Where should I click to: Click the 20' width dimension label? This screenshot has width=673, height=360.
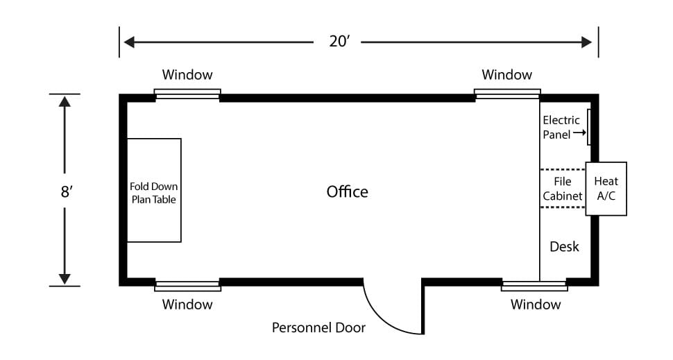[339, 41]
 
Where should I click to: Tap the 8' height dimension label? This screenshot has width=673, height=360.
[67, 191]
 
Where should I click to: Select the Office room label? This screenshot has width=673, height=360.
[347, 191]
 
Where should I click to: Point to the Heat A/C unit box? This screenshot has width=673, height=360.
[606, 189]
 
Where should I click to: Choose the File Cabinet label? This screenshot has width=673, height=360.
[562, 189]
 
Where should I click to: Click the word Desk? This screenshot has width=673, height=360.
[564, 246]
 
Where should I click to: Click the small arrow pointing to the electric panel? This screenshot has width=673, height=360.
[579, 132]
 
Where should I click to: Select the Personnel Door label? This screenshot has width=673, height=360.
[318, 327]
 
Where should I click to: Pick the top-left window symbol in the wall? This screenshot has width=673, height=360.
[187, 94]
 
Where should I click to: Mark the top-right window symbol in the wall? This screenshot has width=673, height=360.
[507, 94]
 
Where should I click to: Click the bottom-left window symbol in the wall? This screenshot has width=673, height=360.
[187, 286]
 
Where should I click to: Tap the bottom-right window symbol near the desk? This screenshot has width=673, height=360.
[534, 286]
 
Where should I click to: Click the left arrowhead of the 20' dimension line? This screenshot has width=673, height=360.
[129, 42]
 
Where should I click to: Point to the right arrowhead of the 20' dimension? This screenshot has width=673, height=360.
[587, 42]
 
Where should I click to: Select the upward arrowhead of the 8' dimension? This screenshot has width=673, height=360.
[65, 101]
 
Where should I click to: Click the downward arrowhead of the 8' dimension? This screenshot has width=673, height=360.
[65, 279]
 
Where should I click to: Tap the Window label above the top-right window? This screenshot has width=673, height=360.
[507, 75]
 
